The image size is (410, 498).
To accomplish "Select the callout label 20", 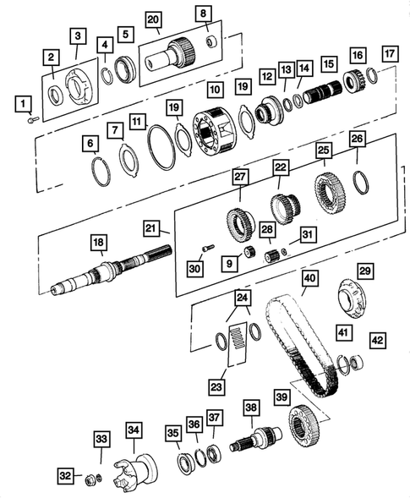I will coord(153,19).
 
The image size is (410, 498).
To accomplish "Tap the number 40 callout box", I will coord(309,278).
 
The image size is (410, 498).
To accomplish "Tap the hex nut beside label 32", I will coord(88,479).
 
